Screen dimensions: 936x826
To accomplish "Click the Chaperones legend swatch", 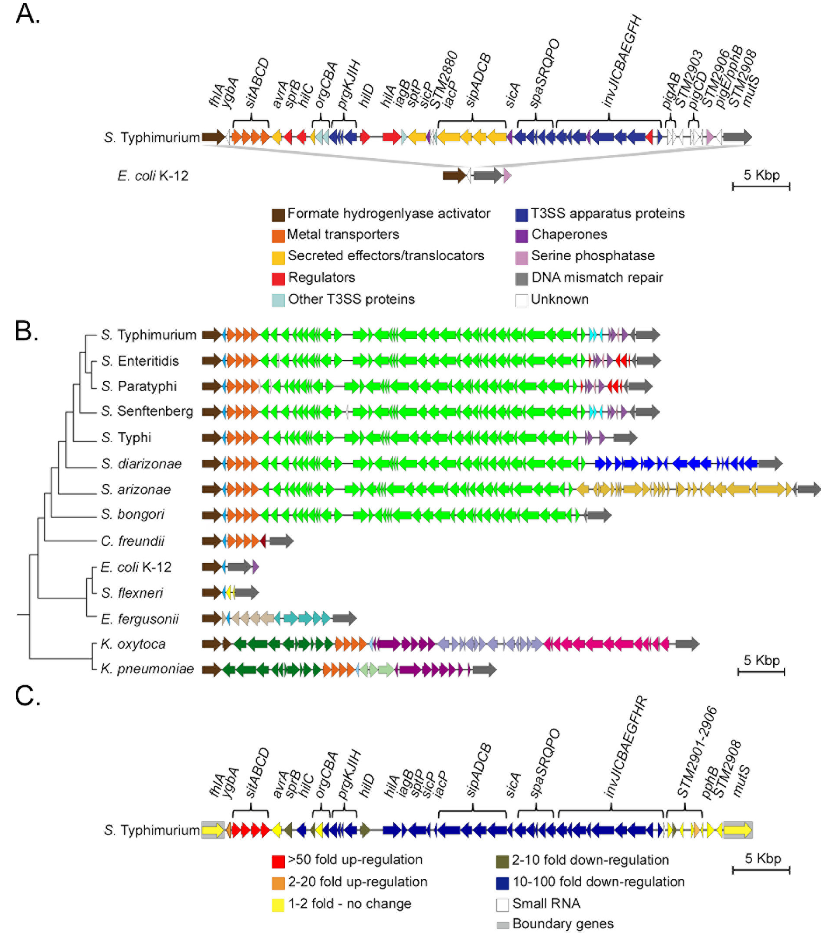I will (x=521, y=235).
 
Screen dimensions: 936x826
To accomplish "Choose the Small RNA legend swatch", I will (x=503, y=905).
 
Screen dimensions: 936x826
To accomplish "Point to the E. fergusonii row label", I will (x=140, y=619).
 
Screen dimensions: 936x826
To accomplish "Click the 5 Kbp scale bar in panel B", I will (x=761, y=672).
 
